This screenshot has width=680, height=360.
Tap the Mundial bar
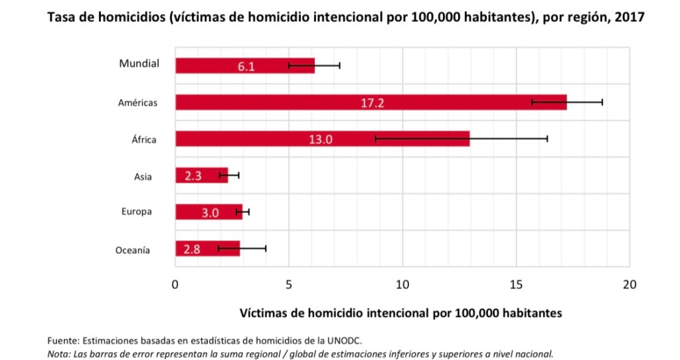click(219, 66)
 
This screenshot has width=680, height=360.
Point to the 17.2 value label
click(373, 103)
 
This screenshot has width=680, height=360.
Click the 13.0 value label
click(320, 139)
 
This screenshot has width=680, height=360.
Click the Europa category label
click(137, 212)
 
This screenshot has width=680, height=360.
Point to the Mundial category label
click(139, 64)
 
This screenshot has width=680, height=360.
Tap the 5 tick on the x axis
click(289, 285)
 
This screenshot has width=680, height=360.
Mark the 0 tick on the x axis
click(175, 285)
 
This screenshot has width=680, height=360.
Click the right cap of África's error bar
click(547, 139)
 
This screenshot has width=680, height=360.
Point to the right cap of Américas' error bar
click(602, 102)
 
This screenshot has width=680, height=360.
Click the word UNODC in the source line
click(344, 341)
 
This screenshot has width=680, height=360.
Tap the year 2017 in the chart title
click(629, 18)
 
